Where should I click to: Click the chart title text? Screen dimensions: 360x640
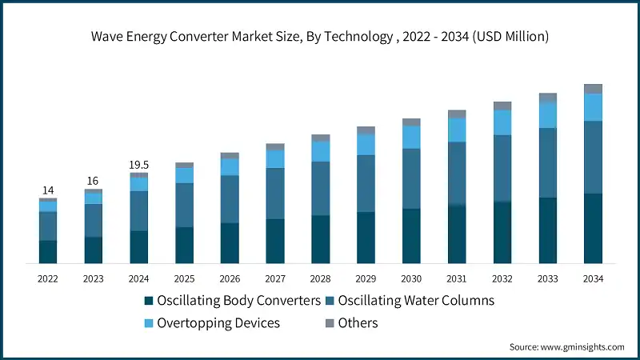(320, 37)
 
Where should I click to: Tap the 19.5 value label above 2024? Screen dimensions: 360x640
(139, 165)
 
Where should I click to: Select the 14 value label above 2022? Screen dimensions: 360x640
(48, 190)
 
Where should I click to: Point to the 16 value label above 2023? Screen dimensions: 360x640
(94, 181)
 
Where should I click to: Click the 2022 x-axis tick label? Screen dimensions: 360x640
(48, 279)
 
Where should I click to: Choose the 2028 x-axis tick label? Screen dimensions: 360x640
(321, 279)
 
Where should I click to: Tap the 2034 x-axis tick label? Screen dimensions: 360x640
(593, 279)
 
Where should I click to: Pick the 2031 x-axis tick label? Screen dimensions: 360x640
(457, 279)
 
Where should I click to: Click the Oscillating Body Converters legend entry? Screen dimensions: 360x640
(232, 301)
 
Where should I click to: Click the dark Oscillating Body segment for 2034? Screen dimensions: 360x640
(593, 229)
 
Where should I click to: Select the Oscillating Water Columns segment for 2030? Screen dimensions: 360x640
(411, 178)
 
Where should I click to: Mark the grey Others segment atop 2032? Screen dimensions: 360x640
(502, 106)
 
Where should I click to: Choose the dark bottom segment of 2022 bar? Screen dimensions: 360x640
(48, 252)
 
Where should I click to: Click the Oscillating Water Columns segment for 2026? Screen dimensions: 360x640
(230, 198)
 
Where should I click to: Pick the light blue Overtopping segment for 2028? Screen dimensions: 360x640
(321, 151)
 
